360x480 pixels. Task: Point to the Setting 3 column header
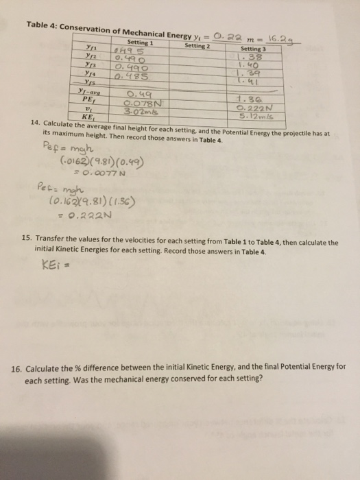[261, 49]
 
